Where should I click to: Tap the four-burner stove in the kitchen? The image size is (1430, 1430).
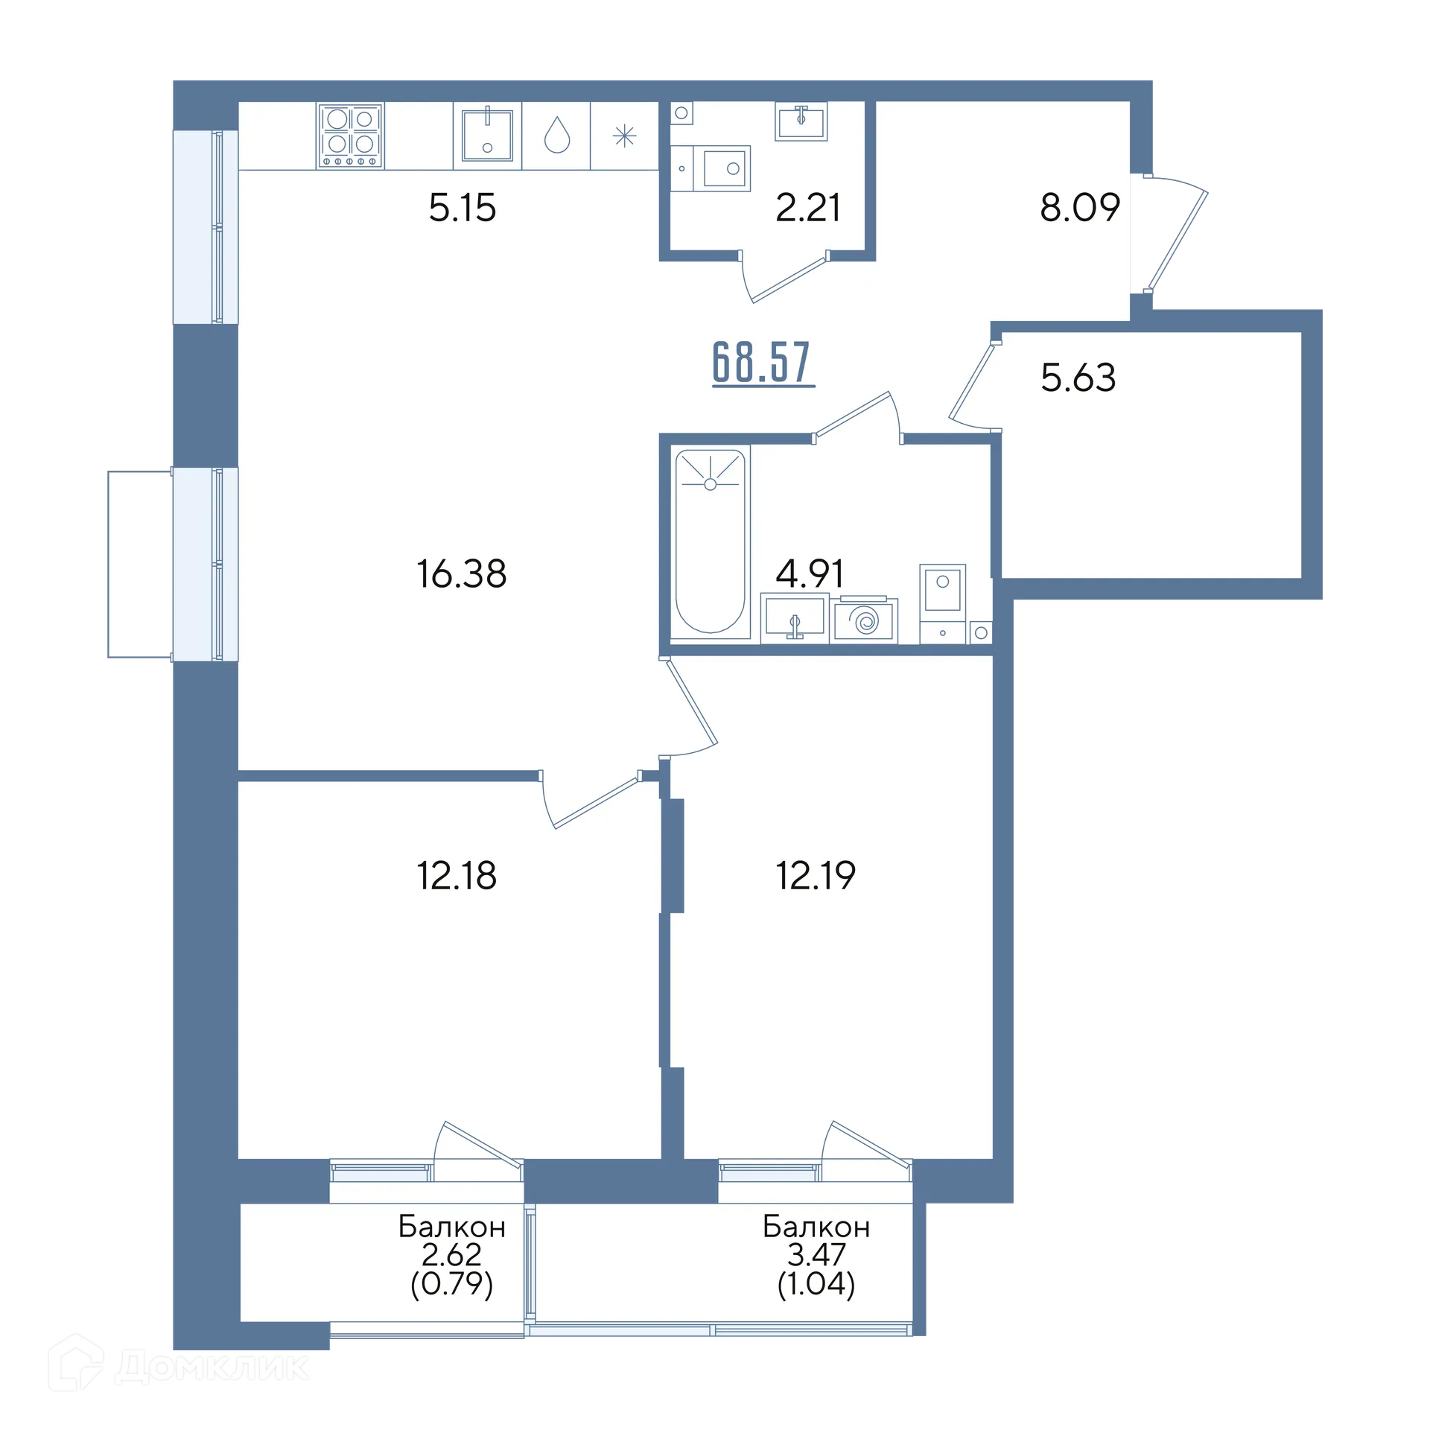click(x=351, y=136)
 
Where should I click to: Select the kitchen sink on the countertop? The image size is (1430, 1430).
click(x=487, y=136)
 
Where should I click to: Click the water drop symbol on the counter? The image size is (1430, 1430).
click(x=557, y=136)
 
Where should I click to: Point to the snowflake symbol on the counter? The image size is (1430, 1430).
click(x=624, y=136)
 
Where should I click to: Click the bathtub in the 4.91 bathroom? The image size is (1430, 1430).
click(x=711, y=541)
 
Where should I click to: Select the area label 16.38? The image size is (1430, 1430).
click(x=462, y=575)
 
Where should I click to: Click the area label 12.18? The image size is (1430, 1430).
click(x=457, y=876)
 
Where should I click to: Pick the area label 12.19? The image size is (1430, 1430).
click(x=816, y=876)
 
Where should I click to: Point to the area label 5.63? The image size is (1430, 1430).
click(x=1078, y=378)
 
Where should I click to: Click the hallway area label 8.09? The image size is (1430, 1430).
click(x=1080, y=207)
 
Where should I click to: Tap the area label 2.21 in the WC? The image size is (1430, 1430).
click(x=807, y=207)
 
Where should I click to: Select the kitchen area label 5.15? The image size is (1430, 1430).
click(x=462, y=207)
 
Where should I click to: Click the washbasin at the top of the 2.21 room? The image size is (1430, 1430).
click(x=801, y=121)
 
